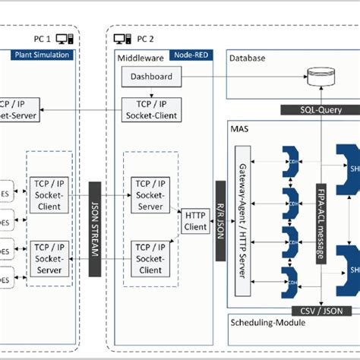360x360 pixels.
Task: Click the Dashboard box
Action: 150,77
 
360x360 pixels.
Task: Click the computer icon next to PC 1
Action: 65,37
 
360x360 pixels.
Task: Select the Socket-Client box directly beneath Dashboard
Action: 150,109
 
